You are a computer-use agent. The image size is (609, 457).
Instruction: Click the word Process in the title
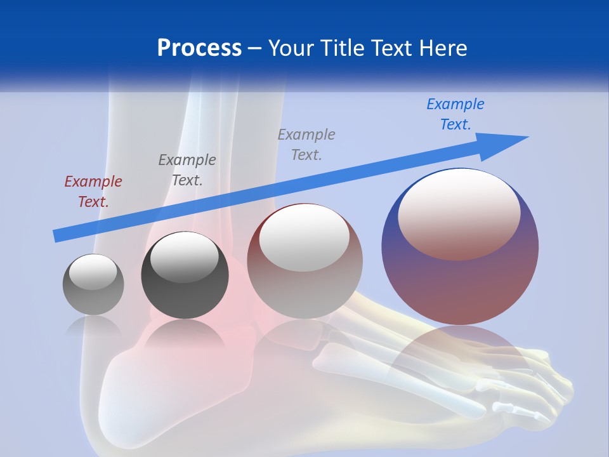pos(199,48)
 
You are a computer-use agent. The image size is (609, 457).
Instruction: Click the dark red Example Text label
pos(93,192)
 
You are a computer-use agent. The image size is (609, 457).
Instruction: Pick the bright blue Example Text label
pos(455,114)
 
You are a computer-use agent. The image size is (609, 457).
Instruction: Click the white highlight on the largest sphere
pos(459,213)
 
